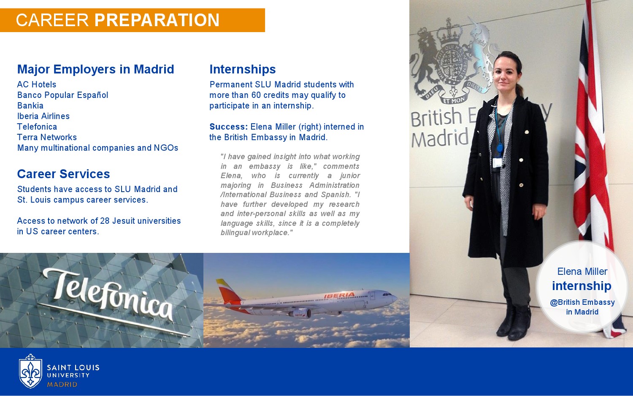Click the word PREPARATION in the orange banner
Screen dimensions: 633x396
coord(157,20)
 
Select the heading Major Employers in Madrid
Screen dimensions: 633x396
coord(95,69)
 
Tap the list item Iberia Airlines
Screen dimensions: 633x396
coord(43,116)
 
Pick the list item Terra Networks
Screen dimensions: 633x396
coord(47,137)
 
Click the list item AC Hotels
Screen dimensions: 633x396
coord(37,84)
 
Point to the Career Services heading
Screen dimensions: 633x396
coord(63,174)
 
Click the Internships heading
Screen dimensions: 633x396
coord(243,69)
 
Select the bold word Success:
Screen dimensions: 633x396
coord(229,127)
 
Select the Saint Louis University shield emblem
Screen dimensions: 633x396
coord(30,371)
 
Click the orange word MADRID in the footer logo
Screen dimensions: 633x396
coord(62,385)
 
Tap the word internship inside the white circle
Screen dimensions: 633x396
coord(582,286)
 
